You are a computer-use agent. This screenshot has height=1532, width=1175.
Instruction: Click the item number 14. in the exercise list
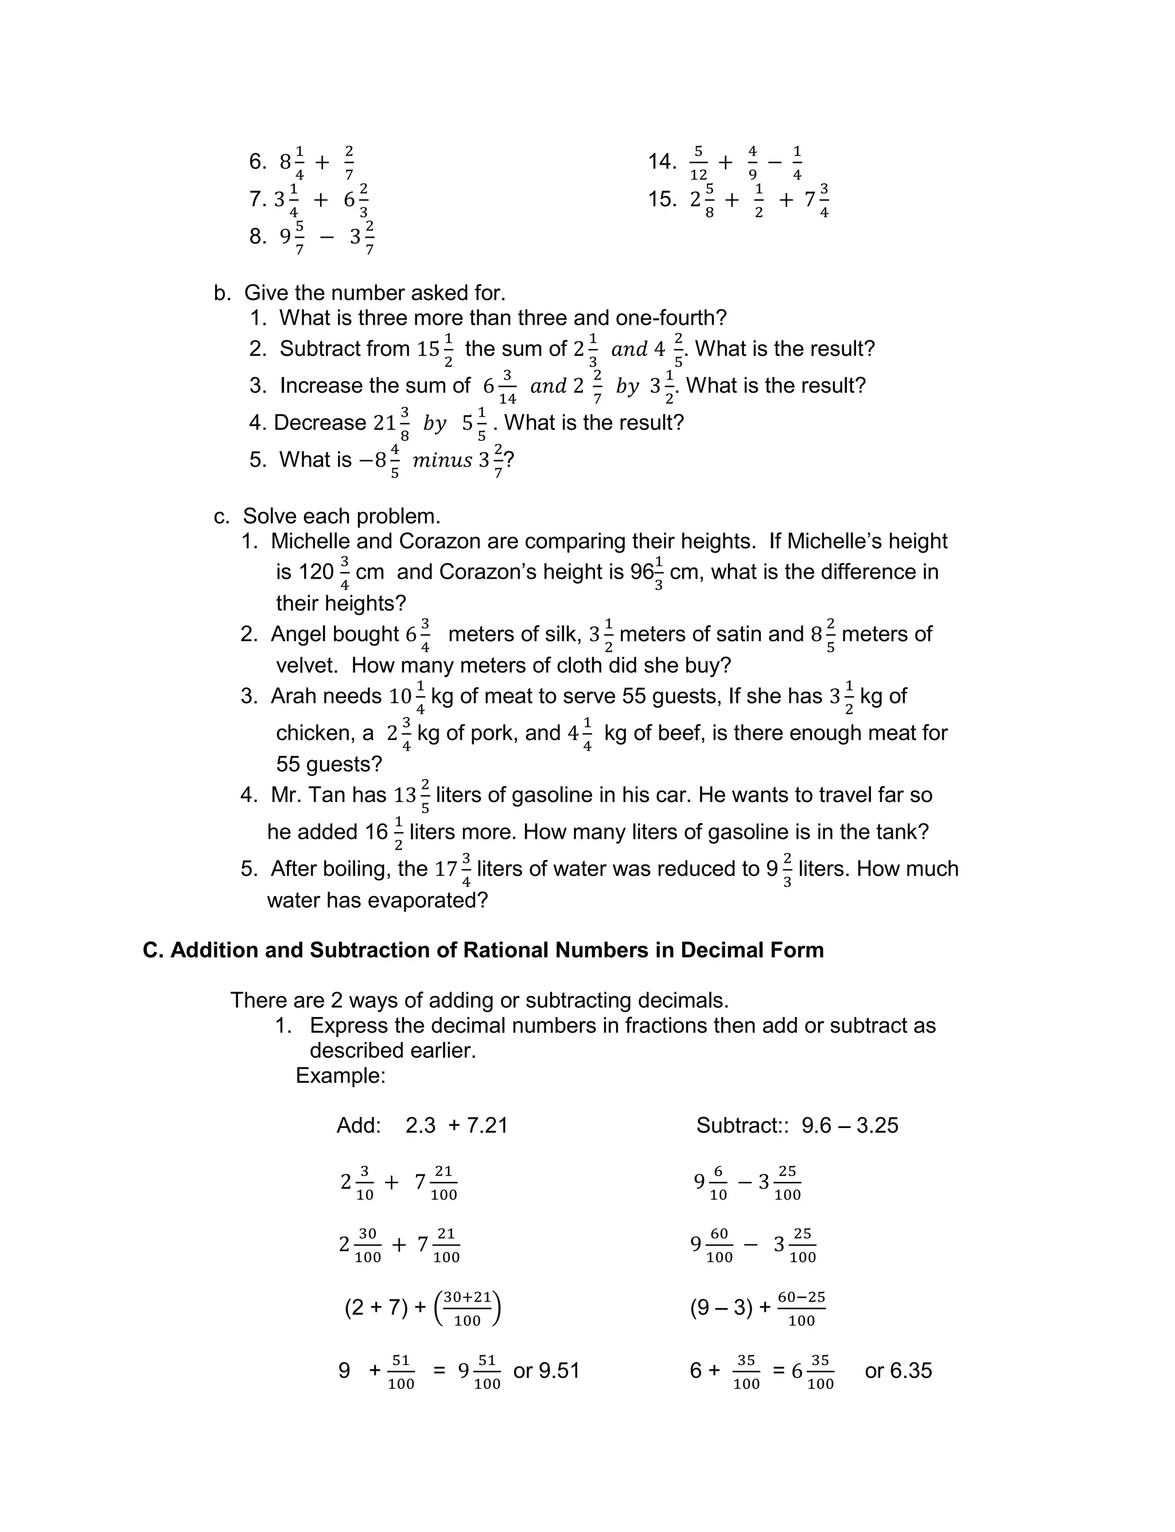tap(662, 162)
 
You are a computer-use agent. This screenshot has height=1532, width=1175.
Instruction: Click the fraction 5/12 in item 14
tap(698, 162)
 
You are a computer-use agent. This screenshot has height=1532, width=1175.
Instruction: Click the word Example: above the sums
tap(341, 1075)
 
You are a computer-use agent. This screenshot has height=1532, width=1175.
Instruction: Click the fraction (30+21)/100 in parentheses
tap(467, 1308)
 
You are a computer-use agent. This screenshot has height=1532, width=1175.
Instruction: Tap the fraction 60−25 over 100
tap(801, 1308)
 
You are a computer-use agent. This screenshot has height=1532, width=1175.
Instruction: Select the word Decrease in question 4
tap(320, 422)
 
